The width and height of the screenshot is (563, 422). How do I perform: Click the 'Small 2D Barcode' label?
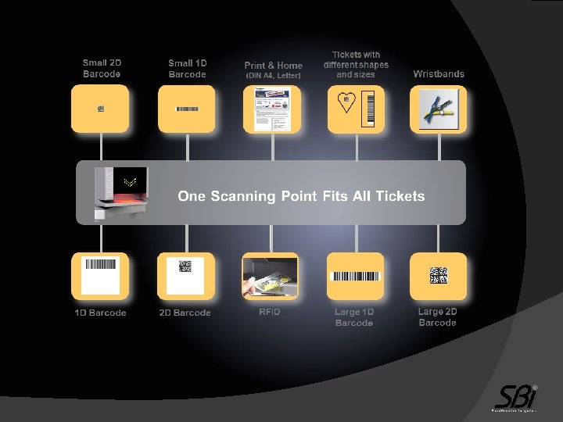pos(102,68)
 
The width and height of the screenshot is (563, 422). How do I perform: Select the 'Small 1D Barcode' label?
pos(187,68)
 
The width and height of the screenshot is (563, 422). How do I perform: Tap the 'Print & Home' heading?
pos(273,66)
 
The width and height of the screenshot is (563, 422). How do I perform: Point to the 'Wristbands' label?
pos(439,74)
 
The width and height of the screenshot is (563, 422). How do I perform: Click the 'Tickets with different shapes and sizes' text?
pos(356,64)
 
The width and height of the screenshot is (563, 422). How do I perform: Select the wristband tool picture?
pos(439,109)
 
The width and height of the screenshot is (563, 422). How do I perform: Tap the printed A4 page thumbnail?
pos(272,109)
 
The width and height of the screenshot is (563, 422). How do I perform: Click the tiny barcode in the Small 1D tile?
pos(187,109)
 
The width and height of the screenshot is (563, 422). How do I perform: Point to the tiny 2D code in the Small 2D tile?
pos(101,109)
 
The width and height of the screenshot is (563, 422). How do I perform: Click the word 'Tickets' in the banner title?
pos(400,196)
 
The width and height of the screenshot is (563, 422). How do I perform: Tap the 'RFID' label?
pos(270,313)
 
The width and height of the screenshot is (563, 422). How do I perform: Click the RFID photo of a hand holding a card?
pos(270,277)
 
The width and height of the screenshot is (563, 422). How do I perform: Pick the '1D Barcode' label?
pos(100,313)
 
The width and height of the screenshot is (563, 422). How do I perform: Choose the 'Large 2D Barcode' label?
pos(438,316)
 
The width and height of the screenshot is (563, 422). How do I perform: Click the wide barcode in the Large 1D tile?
pos(356,276)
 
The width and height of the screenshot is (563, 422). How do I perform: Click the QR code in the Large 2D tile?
pos(438,275)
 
